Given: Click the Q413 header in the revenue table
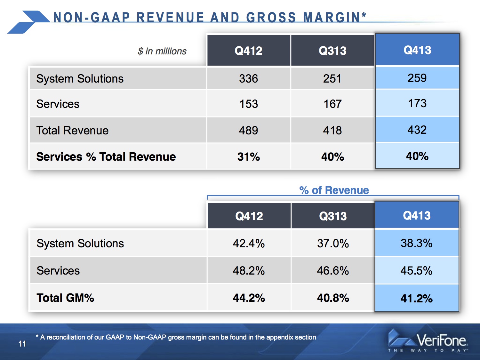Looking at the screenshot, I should (417, 50).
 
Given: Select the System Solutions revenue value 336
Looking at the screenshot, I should (248, 78).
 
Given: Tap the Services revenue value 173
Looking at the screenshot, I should (417, 103).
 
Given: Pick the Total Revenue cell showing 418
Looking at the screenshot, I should (332, 131).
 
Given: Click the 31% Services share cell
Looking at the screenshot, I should (248, 157).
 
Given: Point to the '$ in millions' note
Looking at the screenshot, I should (162, 51).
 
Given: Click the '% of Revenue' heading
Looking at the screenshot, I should (334, 190).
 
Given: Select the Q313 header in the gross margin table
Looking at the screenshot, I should (333, 216).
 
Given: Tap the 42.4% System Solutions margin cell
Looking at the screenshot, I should (249, 244).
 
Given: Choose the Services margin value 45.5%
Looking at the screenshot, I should (416, 271).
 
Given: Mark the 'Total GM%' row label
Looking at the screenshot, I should (65, 298).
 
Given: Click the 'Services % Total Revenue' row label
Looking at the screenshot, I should (106, 157).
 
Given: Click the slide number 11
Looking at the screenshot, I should (22, 344).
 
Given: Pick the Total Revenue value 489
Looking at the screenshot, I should (248, 131).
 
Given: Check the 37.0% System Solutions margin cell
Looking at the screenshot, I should (333, 244).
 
